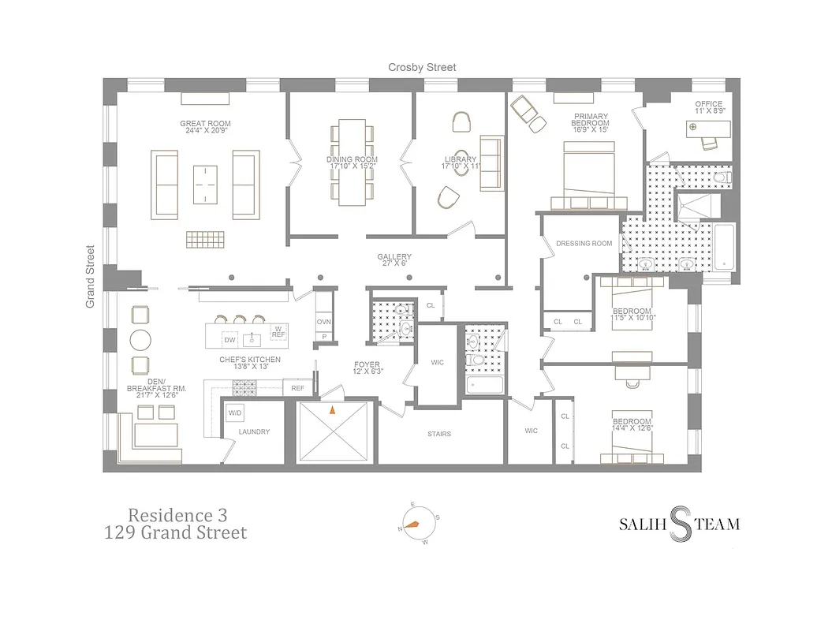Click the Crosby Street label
(421, 68)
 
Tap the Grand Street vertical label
(91, 276)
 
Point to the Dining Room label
(352, 163)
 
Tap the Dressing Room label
(584, 244)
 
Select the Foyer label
(367, 368)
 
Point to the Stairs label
(439, 434)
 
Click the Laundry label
(254, 431)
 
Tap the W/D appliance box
(235, 413)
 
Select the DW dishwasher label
(230, 340)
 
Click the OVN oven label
(323, 323)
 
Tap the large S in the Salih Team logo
(680, 523)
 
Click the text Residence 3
(178, 515)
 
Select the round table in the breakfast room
(140, 340)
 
